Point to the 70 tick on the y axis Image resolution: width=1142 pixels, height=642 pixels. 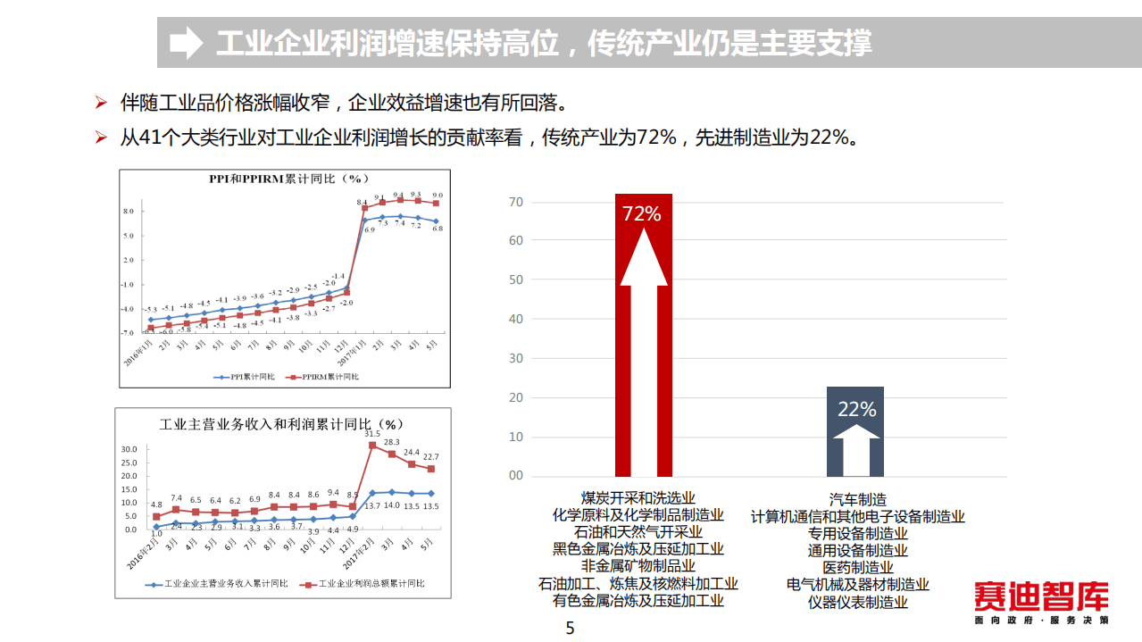point(516,202)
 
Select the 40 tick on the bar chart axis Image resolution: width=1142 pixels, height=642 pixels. point(516,319)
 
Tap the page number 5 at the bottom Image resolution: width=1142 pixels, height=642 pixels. point(571,629)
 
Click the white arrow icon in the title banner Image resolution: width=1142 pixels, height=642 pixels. point(186,42)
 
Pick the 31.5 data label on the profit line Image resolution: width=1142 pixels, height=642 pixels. point(373,433)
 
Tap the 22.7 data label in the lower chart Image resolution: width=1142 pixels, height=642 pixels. point(430,456)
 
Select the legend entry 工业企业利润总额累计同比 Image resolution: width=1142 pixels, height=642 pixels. point(365,584)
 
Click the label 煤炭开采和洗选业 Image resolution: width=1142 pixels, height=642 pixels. point(638,498)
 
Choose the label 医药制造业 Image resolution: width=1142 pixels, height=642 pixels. point(857,567)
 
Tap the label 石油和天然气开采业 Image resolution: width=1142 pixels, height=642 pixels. point(638,532)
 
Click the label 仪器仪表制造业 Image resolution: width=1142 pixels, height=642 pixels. point(857,602)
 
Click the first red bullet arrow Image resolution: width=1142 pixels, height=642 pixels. point(102,103)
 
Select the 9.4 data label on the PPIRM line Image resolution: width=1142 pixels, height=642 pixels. point(398,195)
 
